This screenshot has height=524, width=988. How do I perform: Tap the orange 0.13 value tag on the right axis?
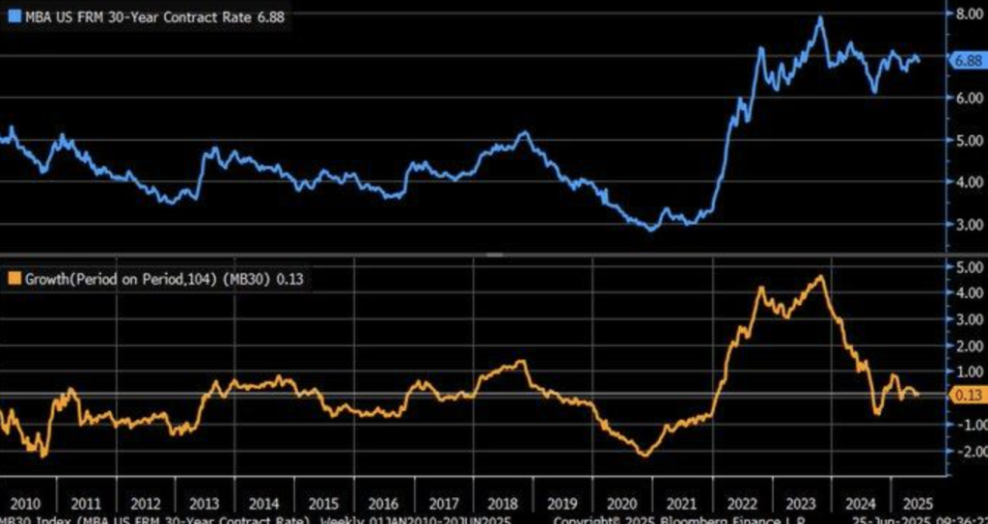tap(966, 395)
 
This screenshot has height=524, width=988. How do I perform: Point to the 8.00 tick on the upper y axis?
tap(966, 14)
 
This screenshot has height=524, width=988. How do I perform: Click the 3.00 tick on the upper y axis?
tap(966, 224)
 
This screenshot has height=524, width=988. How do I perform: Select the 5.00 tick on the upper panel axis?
tap(966, 140)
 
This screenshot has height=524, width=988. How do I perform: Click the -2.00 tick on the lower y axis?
tap(964, 451)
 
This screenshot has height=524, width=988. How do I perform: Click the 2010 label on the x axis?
tap(25, 504)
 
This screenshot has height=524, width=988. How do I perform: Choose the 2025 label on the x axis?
tap(914, 504)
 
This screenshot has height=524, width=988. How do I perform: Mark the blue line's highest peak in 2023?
tap(820, 17)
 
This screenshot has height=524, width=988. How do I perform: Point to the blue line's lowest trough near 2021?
tap(651, 229)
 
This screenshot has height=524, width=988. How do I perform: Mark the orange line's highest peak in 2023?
tap(820, 277)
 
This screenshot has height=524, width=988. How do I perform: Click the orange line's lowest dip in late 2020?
tap(644, 455)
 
